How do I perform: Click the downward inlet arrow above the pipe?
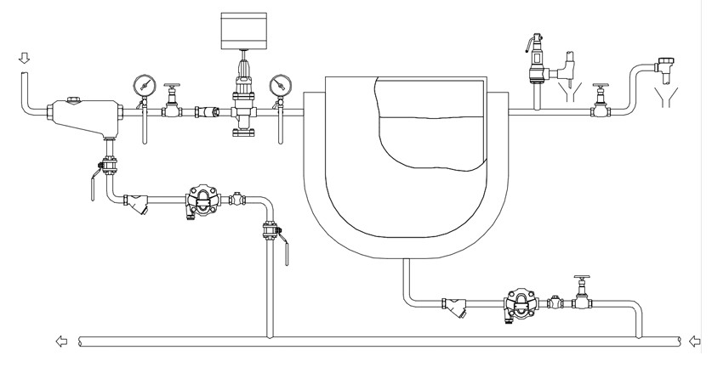click(25, 58)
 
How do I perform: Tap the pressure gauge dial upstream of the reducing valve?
click(143, 85)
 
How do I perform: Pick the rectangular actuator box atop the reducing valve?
click(244, 30)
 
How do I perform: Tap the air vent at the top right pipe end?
click(666, 65)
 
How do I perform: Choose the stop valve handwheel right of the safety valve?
click(601, 88)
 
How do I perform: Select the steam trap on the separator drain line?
click(202, 201)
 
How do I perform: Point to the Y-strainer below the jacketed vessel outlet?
click(454, 305)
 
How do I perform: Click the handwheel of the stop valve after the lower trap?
click(582, 279)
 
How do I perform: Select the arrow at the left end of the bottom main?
click(60, 342)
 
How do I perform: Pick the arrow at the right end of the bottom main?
click(695, 342)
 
